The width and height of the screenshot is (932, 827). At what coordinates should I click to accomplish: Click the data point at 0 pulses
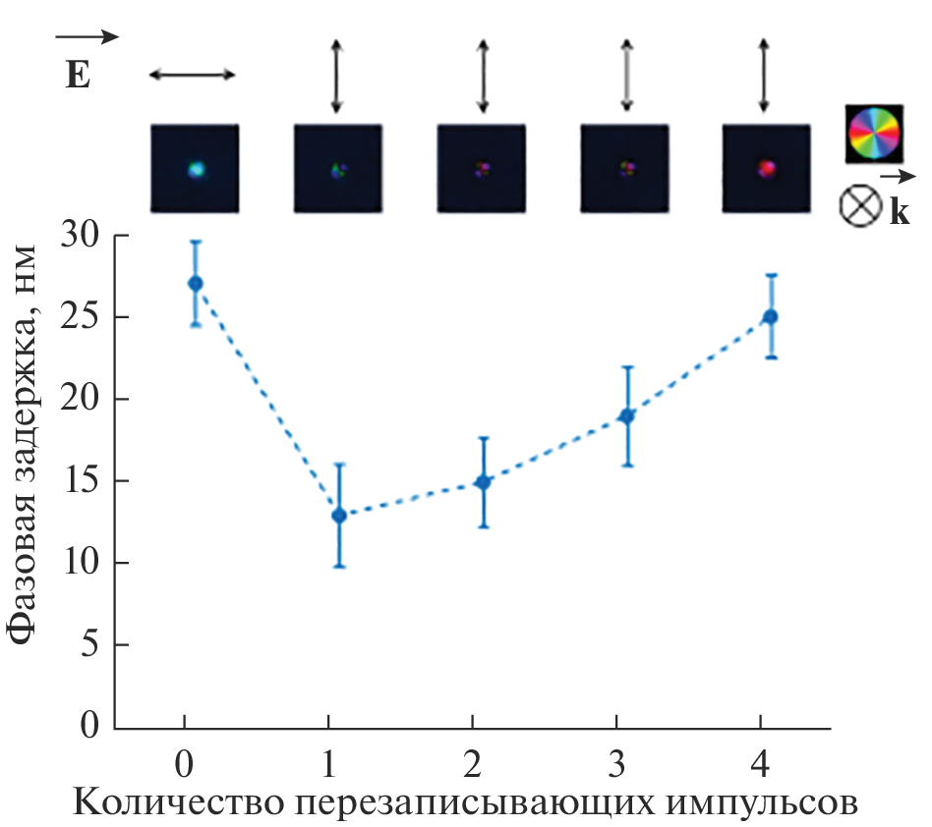point(195,283)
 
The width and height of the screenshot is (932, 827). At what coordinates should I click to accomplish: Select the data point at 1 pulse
point(338,515)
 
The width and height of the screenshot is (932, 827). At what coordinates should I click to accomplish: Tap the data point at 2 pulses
point(483,482)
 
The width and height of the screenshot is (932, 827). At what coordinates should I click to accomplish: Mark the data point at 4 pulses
point(771,316)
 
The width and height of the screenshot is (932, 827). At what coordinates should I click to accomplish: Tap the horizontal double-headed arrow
point(193,75)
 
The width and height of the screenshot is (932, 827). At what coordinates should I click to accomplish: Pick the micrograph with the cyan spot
point(195,168)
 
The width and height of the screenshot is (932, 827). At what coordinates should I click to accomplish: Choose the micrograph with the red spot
point(767,168)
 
